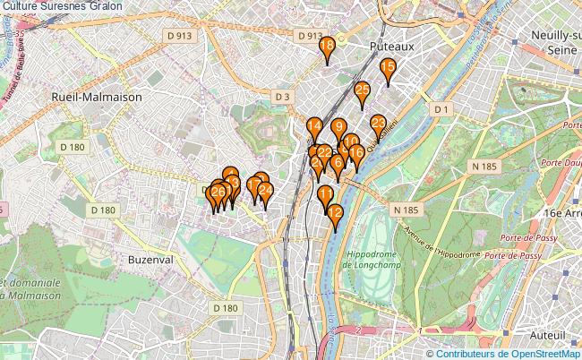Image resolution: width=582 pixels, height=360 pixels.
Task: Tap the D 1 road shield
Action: (439, 109)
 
